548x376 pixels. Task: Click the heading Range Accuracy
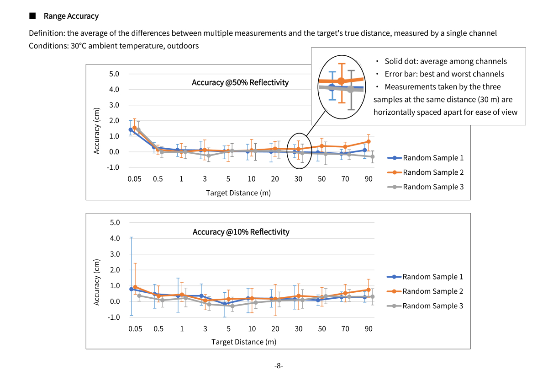(71, 16)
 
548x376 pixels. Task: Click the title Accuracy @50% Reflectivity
(240, 82)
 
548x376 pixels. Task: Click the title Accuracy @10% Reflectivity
(241, 232)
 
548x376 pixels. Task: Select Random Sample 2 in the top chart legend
(433, 172)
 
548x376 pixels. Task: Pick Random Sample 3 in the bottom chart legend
(432, 306)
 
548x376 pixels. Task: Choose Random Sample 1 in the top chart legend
(433, 158)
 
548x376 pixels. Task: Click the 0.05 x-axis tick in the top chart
(134, 179)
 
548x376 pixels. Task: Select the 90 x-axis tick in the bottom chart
(369, 328)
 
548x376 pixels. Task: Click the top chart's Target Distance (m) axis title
(238, 193)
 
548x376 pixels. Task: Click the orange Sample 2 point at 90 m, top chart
(369, 142)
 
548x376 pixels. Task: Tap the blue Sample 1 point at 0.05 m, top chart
(131, 130)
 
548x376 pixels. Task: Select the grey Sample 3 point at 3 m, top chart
(209, 156)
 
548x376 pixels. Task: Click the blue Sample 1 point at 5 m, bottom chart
(225, 304)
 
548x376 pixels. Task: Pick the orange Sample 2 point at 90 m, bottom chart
(369, 290)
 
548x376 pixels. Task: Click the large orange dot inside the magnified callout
(341, 81)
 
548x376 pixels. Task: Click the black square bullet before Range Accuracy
(32, 16)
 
